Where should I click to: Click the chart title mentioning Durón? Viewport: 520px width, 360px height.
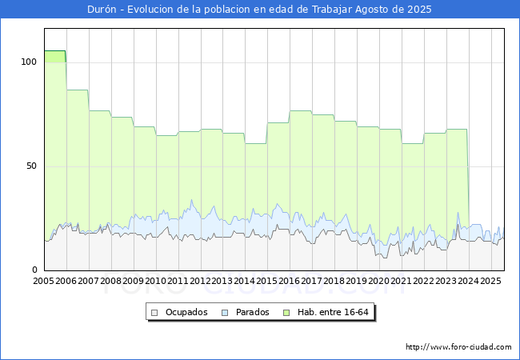point(259,10)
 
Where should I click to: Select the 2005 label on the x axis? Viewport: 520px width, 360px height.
point(44,282)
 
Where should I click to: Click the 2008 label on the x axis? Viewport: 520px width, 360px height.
point(111,282)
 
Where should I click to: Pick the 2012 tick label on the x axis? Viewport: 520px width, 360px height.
point(200,282)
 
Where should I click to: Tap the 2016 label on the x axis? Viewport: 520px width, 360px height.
point(290,282)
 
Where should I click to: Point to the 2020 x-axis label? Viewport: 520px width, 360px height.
point(378,282)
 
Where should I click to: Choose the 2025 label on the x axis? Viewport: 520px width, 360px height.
point(490,282)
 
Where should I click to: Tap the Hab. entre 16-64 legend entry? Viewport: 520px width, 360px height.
point(335,312)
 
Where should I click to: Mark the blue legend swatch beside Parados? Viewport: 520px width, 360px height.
point(226,312)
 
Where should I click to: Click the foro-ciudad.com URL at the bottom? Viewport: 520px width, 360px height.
point(458,347)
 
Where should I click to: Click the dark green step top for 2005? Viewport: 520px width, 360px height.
point(54,52)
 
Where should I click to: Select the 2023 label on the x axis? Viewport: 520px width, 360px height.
point(446,282)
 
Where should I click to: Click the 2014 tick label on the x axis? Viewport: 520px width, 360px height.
point(245,282)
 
